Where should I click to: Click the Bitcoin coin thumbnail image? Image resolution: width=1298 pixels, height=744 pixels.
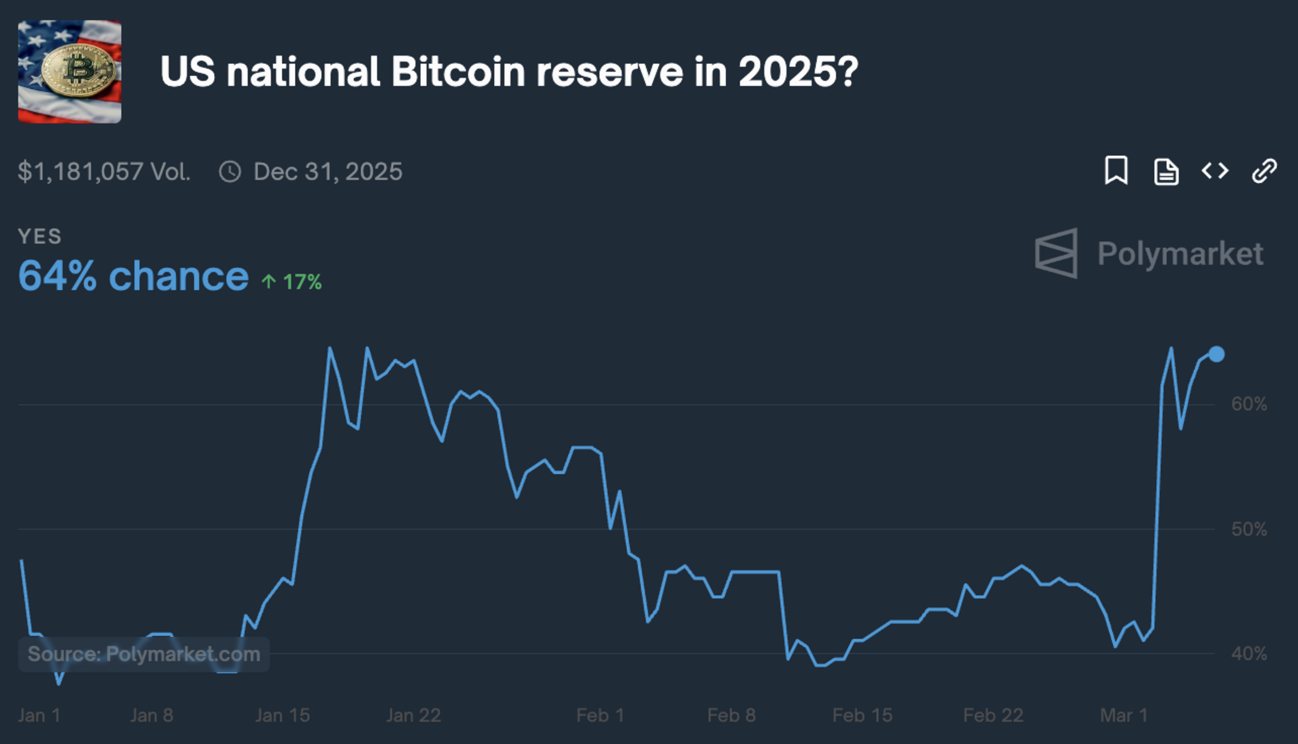[70, 71]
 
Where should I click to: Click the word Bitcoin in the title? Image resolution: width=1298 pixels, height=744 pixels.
[458, 72]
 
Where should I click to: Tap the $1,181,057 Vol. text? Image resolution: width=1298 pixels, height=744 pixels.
[104, 172]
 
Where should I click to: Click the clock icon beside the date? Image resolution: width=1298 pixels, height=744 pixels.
[230, 172]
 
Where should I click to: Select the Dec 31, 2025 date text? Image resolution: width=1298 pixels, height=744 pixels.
[328, 172]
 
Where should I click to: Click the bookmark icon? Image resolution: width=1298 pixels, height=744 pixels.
[1116, 171]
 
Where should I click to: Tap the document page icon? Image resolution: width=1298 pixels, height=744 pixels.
[1165, 172]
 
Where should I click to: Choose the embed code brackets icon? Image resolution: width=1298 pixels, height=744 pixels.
[1215, 171]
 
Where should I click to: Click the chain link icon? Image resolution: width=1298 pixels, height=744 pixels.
[1264, 171]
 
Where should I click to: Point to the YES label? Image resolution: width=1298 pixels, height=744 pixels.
[39, 236]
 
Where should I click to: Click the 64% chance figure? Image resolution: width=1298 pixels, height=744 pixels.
[133, 276]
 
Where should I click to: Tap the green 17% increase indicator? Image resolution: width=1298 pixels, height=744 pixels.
[292, 282]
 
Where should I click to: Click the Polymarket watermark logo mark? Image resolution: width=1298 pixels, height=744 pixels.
[1056, 253]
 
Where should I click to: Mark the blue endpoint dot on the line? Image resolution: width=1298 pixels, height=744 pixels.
[1216, 354]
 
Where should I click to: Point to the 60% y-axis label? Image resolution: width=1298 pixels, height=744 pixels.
[1249, 404]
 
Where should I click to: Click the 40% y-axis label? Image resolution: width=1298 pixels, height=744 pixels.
[1249, 654]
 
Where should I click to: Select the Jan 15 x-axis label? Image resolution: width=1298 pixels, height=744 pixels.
[282, 715]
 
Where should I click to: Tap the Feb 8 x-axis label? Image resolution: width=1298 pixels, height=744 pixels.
[731, 715]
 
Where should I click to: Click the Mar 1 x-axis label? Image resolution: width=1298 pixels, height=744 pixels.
[1123, 715]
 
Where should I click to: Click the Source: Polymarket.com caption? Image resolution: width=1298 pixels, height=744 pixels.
[144, 654]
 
